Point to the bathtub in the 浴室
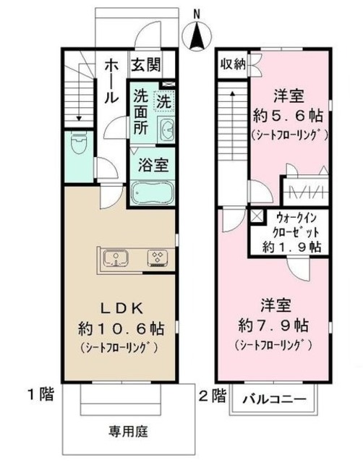click(x=151, y=193)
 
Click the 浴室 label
click(x=153, y=163)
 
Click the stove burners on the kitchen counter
click(x=157, y=258)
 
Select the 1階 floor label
click(x=40, y=395)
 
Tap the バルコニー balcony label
click(x=273, y=399)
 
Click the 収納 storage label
click(x=233, y=63)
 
